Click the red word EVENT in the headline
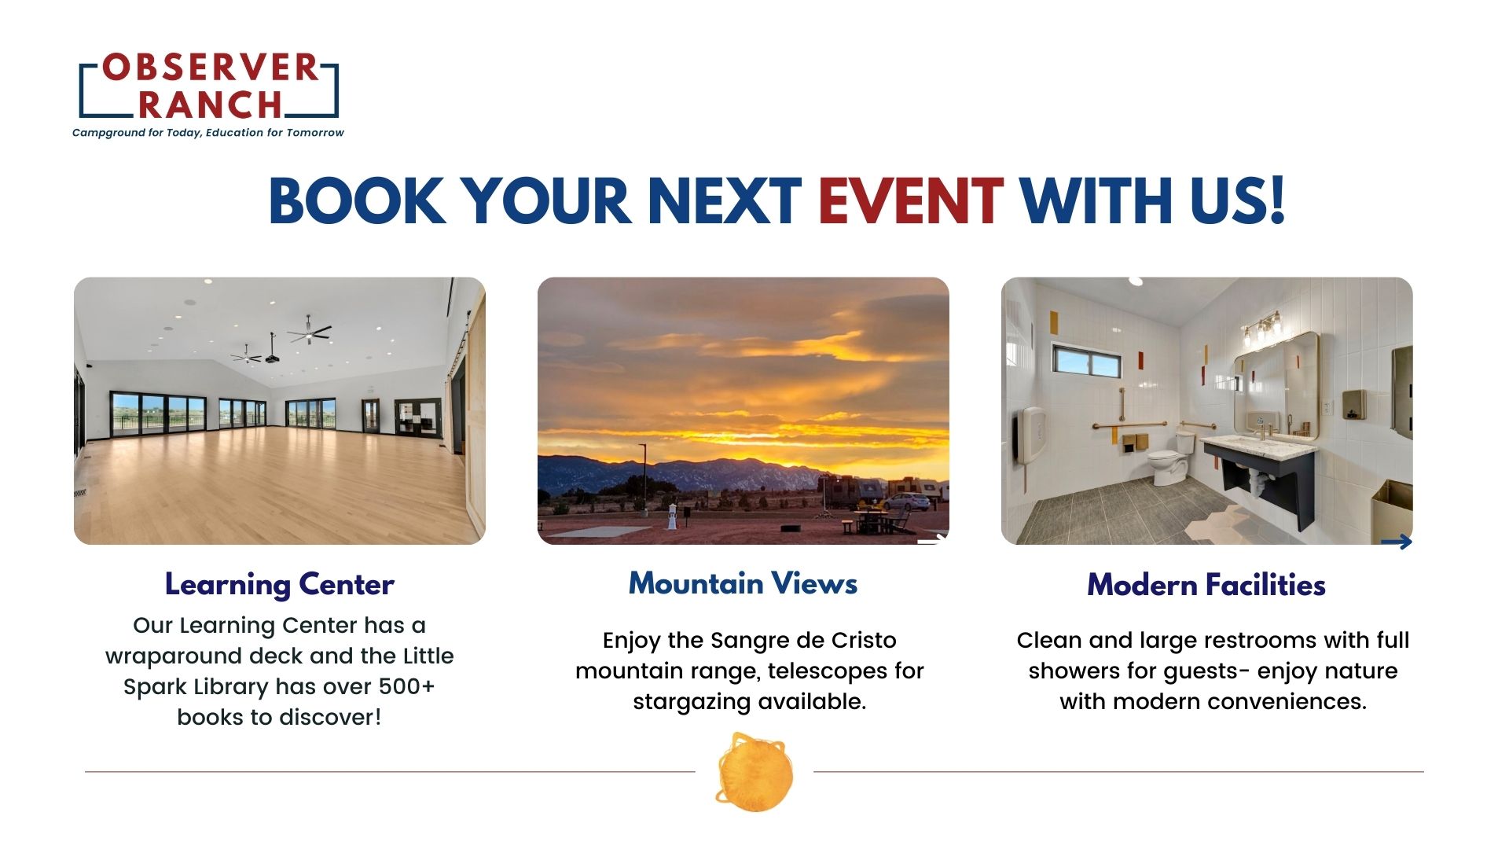[910, 201]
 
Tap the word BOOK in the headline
[357, 201]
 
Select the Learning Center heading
[279, 585]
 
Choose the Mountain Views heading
[743, 583]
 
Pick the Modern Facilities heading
[1206, 585]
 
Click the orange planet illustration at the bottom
[754, 773]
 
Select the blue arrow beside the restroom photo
[1397, 542]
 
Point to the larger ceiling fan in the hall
[309, 332]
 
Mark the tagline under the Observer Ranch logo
[208, 133]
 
